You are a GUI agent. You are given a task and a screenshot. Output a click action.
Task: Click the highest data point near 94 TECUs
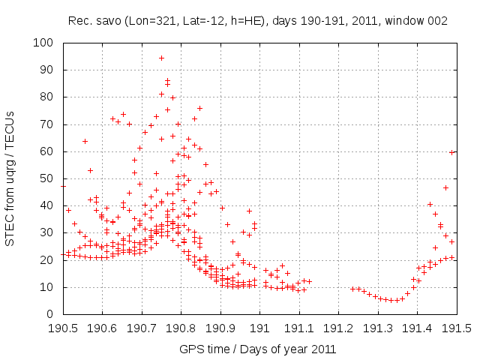pos(161,58)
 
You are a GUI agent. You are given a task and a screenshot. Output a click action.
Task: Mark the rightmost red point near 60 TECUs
pos(452,152)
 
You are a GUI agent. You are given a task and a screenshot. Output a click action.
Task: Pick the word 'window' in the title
pos(402,22)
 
